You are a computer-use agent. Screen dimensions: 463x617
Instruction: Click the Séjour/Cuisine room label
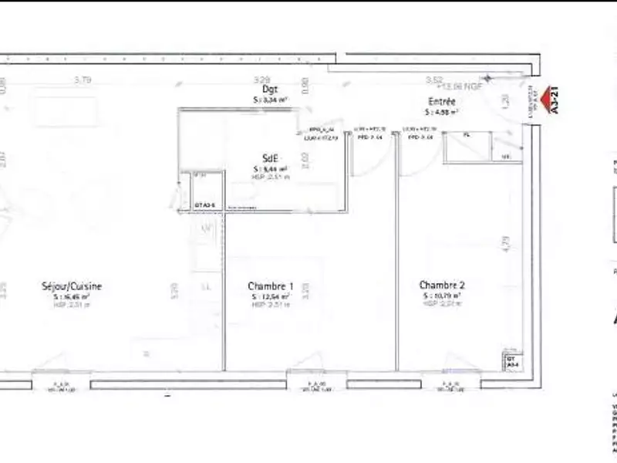point(72,286)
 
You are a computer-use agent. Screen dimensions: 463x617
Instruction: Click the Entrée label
point(442,101)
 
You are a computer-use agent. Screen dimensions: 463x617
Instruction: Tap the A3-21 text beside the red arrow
point(556,100)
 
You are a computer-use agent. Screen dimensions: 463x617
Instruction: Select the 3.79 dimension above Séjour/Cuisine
point(83,79)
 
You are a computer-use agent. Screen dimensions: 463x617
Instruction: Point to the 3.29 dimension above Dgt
point(263,79)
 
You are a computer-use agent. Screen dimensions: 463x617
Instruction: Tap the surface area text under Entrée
point(443,112)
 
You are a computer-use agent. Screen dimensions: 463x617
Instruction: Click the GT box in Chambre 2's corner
point(511,362)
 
